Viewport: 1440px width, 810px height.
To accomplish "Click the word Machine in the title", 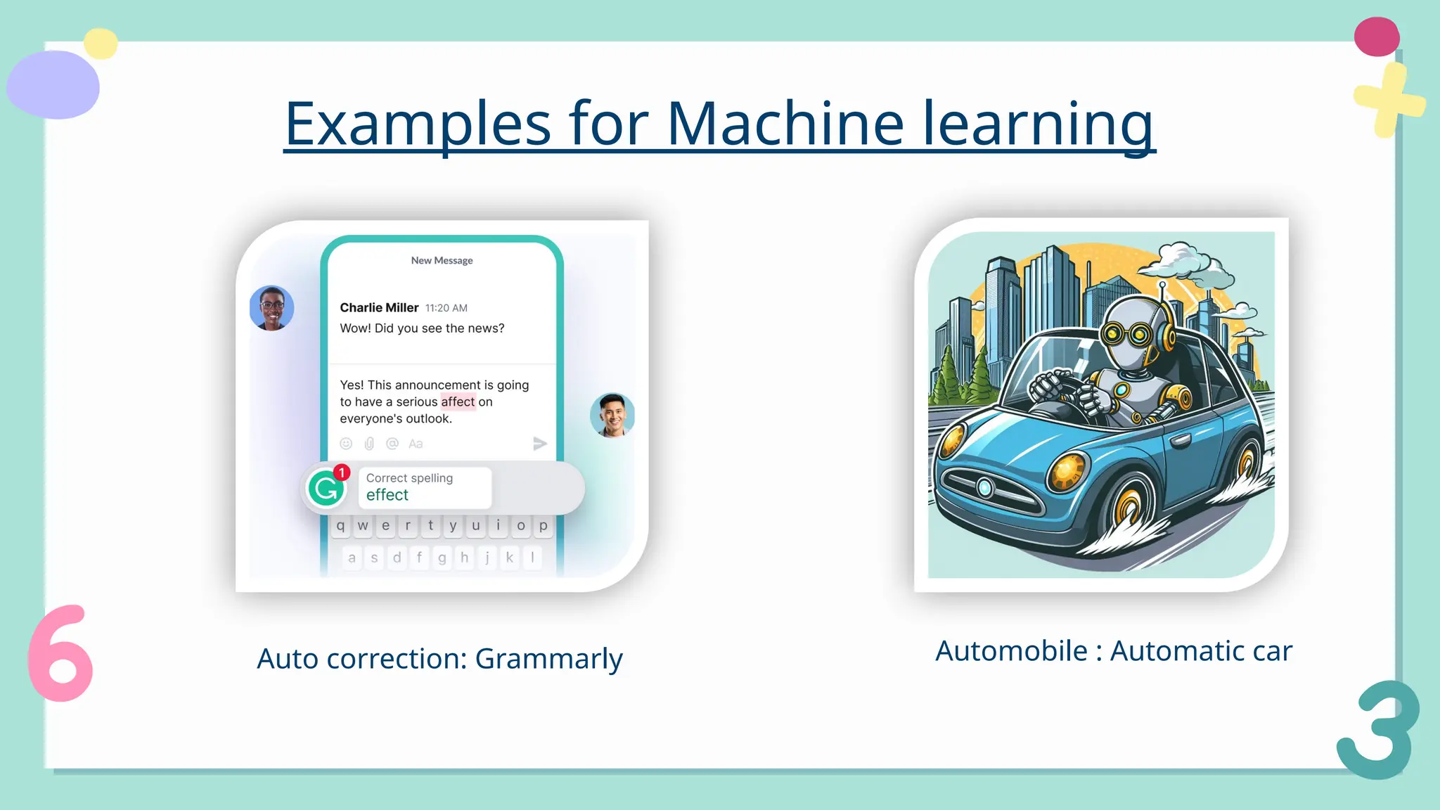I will click(x=785, y=124).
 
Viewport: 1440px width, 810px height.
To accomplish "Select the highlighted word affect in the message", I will click(x=458, y=401).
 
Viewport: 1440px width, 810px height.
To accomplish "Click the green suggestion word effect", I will click(x=387, y=495).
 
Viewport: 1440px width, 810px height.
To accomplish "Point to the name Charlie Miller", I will click(x=379, y=307).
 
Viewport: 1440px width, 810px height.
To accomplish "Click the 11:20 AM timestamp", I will click(x=446, y=308).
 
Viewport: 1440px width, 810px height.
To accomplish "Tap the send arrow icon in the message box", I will click(x=539, y=444).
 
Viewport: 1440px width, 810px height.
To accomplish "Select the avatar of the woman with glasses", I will click(x=271, y=308).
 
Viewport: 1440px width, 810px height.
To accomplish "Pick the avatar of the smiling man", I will click(x=612, y=415).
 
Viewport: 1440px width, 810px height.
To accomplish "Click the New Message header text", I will click(x=442, y=260).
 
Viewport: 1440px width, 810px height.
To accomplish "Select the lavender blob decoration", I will click(x=53, y=85).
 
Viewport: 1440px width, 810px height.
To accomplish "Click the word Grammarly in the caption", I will click(x=548, y=660).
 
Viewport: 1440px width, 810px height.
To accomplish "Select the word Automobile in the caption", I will click(x=1011, y=651).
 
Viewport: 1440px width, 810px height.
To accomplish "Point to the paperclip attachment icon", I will click(x=369, y=444).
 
